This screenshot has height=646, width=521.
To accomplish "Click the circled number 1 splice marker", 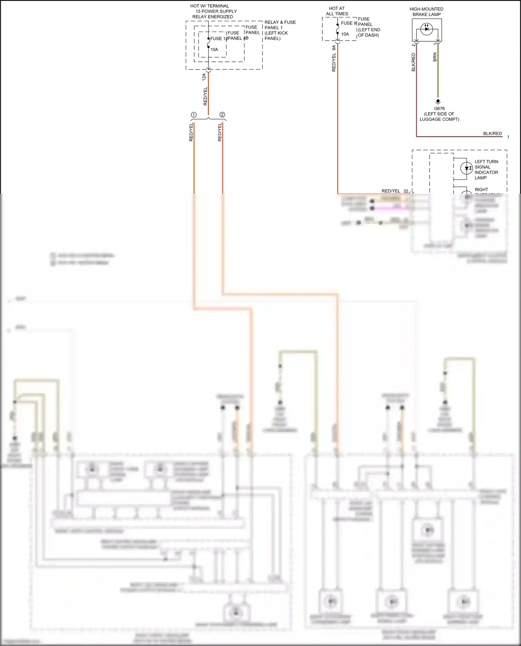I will pyautogui.click(x=194, y=115).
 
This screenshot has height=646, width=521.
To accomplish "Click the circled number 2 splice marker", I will pyautogui.click(x=222, y=115).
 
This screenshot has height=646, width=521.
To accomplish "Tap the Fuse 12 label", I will pyautogui.click(x=218, y=39).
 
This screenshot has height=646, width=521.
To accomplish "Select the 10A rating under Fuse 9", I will pyautogui.click(x=345, y=34).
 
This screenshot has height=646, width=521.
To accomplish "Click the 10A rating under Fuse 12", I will pyautogui.click(x=214, y=50).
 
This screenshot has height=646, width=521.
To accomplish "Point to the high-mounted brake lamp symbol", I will pyautogui.click(x=427, y=29).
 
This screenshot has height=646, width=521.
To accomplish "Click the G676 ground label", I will pyautogui.click(x=439, y=108).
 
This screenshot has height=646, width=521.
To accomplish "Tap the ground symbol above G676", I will pyautogui.click(x=438, y=102).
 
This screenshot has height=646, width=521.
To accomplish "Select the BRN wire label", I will pyautogui.click(x=435, y=57).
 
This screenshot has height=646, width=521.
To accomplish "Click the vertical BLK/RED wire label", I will pyautogui.click(x=413, y=62).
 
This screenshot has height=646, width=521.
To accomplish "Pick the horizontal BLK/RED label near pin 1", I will pyautogui.click(x=492, y=133).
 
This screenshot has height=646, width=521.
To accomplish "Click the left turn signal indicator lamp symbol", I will pyautogui.click(x=466, y=168).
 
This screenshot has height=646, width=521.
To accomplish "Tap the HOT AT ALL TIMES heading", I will pyautogui.click(x=337, y=11).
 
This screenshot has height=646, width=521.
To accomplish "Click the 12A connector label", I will pyautogui.click(x=204, y=77).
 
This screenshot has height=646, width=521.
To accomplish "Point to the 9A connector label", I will pyautogui.click(x=334, y=48).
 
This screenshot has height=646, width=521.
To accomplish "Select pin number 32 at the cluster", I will pyautogui.click(x=406, y=191).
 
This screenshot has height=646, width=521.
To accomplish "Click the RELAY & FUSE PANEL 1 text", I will pyautogui.click(x=280, y=25).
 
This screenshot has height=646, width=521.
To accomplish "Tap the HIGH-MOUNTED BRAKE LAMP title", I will pyautogui.click(x=426, y=12).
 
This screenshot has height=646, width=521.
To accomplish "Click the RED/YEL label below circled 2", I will pyautogui.click(x=220, y=132).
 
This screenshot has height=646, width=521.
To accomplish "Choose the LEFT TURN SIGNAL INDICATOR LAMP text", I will pyautogui.click(x=486, y=169).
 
